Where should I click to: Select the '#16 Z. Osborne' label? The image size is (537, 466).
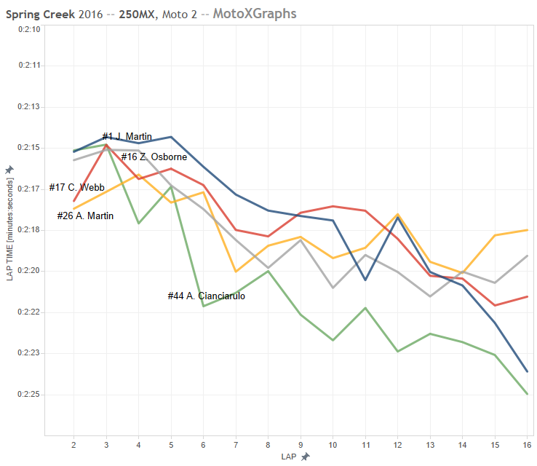click(x=154, y=157)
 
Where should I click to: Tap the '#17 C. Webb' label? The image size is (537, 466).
click(x=76, y=187)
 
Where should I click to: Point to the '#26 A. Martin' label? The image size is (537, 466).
click(x=85, y=216)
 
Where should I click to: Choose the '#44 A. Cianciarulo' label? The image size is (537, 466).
click(x=206, y=296)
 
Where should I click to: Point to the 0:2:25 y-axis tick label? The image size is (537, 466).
click(x=27, y=395)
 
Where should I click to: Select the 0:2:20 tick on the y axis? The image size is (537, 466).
click(x=27, y=271)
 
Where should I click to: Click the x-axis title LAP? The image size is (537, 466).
click(x=290, y=457)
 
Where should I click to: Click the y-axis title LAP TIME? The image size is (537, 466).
click(x=9, y=219)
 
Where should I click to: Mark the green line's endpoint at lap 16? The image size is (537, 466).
click(x=528, y=395)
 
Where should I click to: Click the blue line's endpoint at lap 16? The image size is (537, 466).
click(x=528, y=372)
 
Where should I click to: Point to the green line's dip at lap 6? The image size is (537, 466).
click(x=203, y=306)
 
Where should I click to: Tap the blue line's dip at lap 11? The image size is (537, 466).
click(x=365, y=280)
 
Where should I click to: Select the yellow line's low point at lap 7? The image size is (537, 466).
click(x=236, y=272)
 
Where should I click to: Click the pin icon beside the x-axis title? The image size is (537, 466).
click(x=306, y=457)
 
